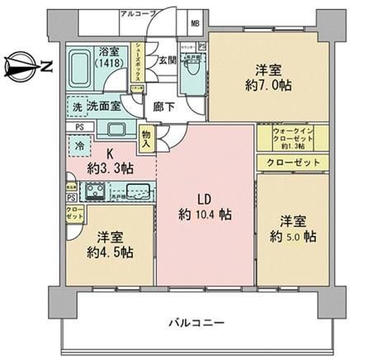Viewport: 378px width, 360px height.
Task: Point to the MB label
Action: point(194,23)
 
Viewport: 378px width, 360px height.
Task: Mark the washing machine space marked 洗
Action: point(74,107)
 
